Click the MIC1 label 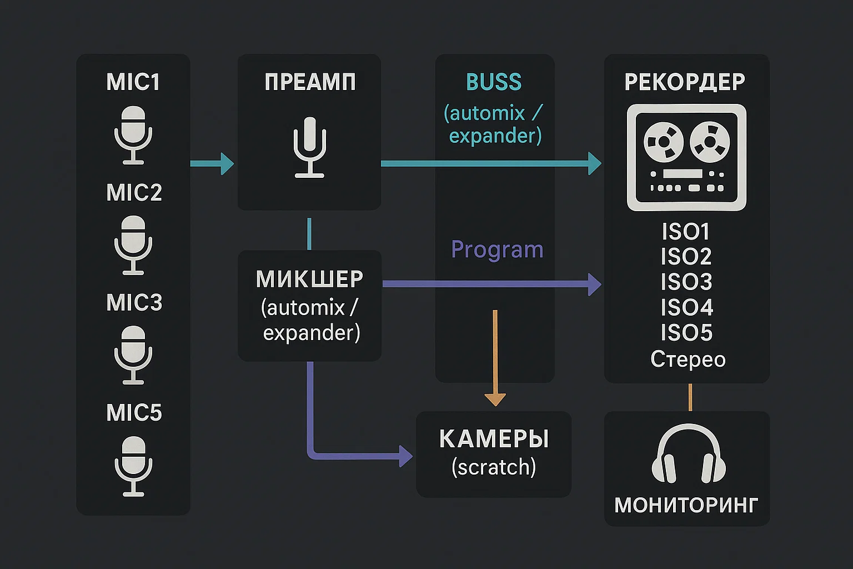tap(133, 82)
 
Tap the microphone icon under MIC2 tap(133, 245)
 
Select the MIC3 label tap(134, 303)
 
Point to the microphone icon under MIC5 tap(133, 466)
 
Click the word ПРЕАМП tap(310, 82)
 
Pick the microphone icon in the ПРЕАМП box tap(309, 147)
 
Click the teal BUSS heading tap(494, 82)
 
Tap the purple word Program tap(497, 249)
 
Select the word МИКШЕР tap(309, 279)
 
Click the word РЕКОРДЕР tap(685, 82)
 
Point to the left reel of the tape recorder tap(663, 141)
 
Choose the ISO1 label tap(686, 231)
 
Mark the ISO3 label tap(686, 282)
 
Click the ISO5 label tap(686, 333)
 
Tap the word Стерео tap(688, 360)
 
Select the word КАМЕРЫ tap(494, 439)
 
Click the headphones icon tap(689, 455)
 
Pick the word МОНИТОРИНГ tap(686, 505)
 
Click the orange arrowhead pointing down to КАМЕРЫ tap(495, 400)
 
